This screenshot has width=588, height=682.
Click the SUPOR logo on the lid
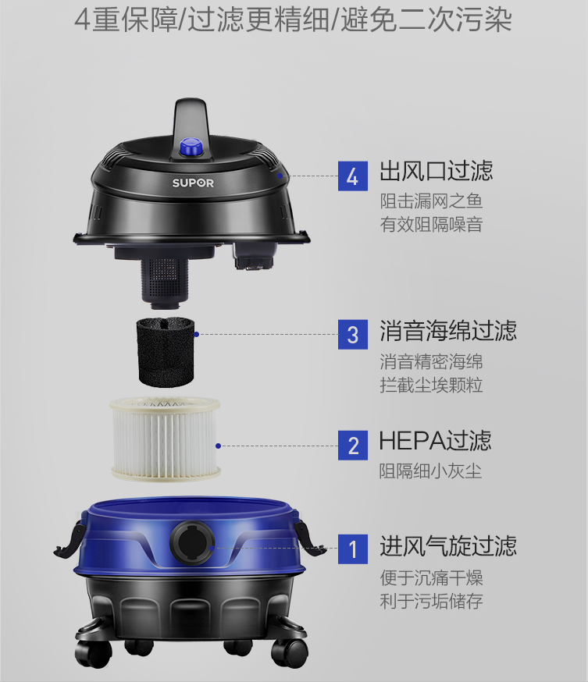coord(193,183)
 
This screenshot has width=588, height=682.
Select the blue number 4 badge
coord(352,176)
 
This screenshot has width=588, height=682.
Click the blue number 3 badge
coord(352,335)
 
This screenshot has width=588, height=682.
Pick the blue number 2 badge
coord(352,446)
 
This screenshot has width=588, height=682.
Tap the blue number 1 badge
coord(352,549)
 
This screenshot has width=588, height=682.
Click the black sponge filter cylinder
coord(166,351)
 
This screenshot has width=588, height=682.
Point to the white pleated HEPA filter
coord(165,438)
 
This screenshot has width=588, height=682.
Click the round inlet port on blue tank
coord(192,543)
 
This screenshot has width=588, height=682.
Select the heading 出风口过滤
coord(436,170)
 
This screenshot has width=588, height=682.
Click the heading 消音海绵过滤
coord(448,330)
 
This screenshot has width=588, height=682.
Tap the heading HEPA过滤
coord(435,441)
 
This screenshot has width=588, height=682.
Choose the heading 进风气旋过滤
coord(448,545)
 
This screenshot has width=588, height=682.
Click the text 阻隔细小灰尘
coord(430,471)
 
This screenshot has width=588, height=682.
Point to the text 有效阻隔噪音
coord(431,225)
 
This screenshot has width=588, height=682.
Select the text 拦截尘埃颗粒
coord(431,385)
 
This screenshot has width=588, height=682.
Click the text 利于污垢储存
coord(431,601)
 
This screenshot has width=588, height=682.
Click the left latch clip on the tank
coord(69,538)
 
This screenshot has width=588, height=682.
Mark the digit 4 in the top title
coord(82,20)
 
